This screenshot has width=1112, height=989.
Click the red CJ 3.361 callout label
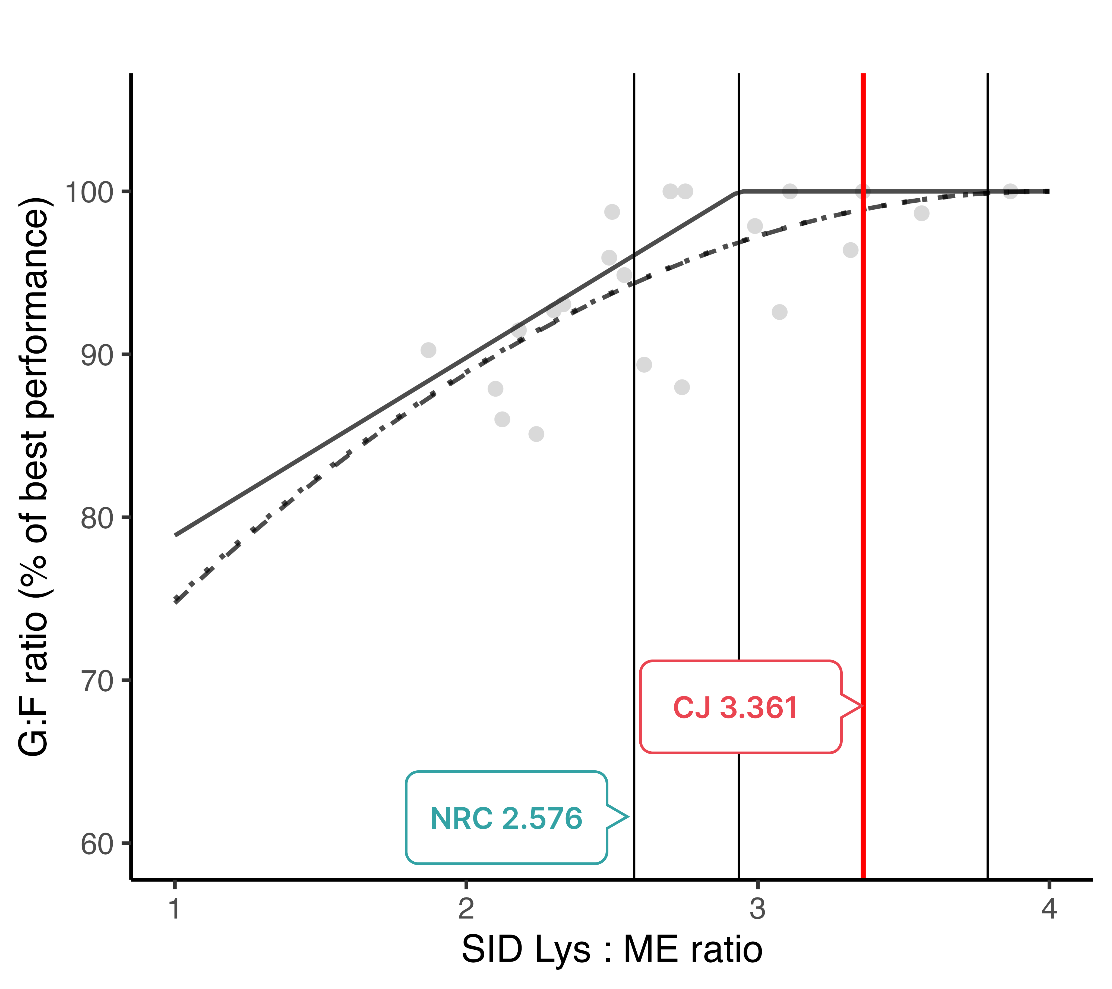pyautogui.click(x=735, y=708)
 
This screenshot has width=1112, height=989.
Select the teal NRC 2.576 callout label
pyautogui.click(x=506, y=818)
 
